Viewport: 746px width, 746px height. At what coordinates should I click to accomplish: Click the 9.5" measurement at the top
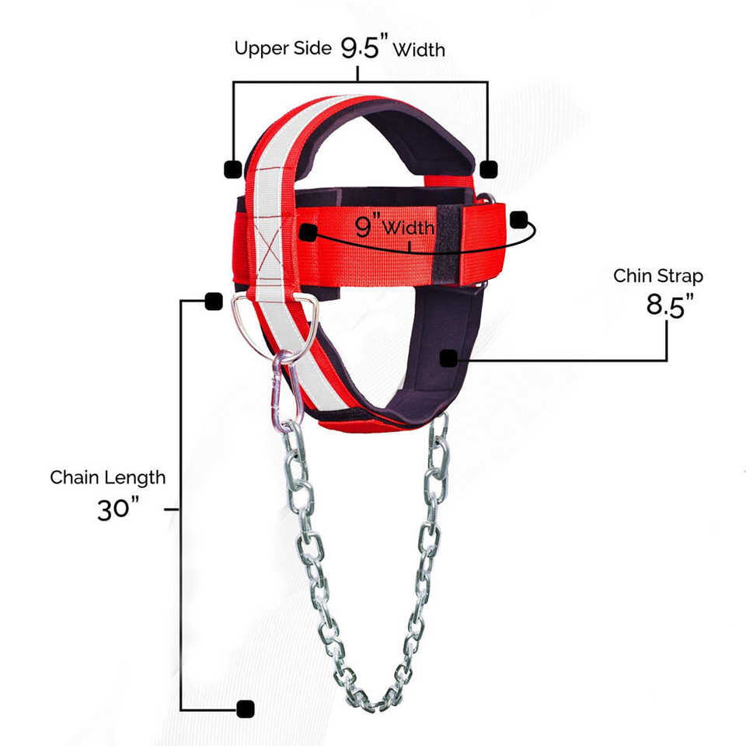(x=364, y=48)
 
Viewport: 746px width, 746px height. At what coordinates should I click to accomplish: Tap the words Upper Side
(x=284, y=49)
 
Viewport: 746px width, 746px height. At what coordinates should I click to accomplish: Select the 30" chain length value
(x=118, y=509)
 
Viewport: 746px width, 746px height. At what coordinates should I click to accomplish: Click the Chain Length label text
(x=108, y=476)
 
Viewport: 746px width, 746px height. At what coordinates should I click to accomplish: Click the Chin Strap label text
(x=658, y=275)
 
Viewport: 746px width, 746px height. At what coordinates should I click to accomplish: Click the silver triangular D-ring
(x=274, y=311)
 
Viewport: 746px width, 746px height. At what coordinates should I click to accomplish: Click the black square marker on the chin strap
(x=448, y=358)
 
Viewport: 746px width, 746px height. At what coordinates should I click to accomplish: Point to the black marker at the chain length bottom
(x=246, y=709)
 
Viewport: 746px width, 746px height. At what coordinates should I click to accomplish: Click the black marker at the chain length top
(x=211, y=302)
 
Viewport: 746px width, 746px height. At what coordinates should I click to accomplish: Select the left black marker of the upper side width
(x=232, y=168)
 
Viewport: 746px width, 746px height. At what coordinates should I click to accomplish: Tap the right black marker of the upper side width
(x=488, y=168)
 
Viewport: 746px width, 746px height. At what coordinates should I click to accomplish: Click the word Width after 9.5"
(x=419, y=50)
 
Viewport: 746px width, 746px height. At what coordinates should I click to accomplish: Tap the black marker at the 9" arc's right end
(x=519, y=220)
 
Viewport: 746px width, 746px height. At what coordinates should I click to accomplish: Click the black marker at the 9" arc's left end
(x=309, y=232)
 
